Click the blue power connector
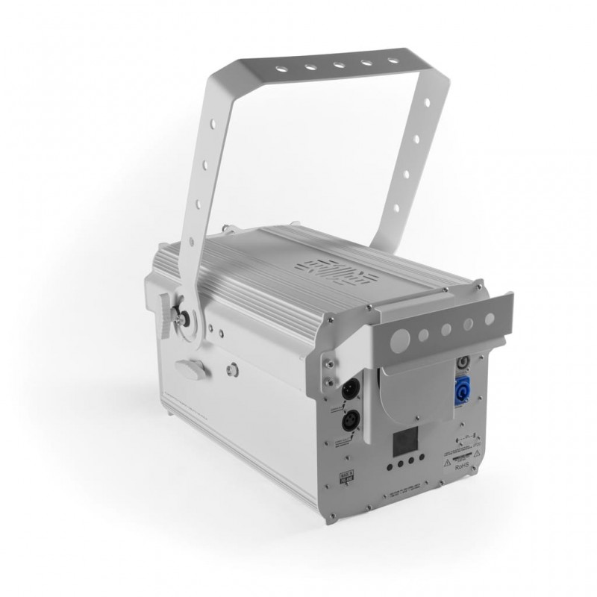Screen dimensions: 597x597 461,393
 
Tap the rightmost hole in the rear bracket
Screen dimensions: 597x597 490,319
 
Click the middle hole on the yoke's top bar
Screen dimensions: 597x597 337,66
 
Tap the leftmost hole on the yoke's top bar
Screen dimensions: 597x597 281,69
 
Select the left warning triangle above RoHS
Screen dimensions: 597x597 446,463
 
